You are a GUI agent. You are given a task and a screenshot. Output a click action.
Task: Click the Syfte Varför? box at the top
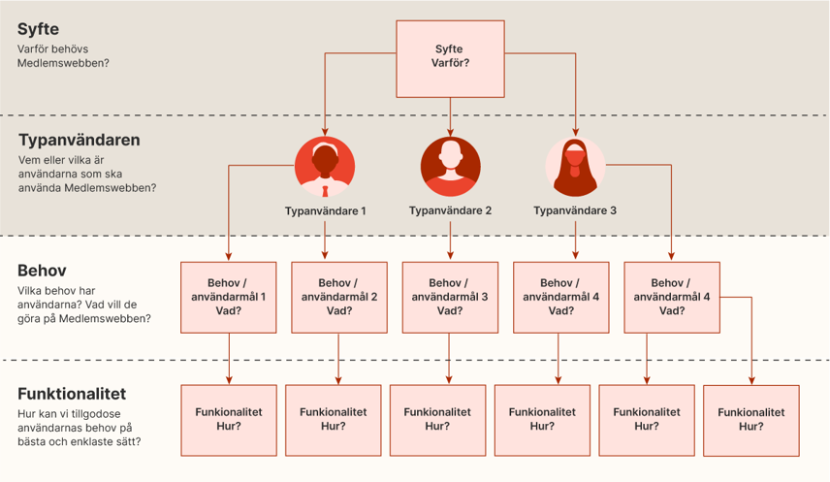tap(450, 57)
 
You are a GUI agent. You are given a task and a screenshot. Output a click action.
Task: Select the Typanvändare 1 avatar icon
tap(325, 164)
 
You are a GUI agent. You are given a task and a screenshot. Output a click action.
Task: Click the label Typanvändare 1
tap(326, 210)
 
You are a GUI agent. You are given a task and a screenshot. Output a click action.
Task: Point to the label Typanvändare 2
tap(450, 210)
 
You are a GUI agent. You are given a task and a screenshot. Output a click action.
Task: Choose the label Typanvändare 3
tap(575, 210)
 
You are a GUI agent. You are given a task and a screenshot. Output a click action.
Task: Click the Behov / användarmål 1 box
tap(229, 297)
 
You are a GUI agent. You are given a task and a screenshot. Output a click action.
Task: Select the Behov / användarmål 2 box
tap(339, 297)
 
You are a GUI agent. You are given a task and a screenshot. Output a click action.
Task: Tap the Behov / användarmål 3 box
tap(450, 297)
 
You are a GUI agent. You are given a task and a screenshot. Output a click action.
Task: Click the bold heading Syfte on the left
tap(40, 29)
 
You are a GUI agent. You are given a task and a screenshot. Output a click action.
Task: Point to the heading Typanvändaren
tap(79, 140)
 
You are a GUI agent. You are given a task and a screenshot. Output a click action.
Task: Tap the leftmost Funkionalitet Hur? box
tap(229, 418)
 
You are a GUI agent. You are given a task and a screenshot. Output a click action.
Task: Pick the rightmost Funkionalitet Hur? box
tap(751, 420)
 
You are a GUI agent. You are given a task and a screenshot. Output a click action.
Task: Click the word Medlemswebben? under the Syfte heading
tap(63, 63)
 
